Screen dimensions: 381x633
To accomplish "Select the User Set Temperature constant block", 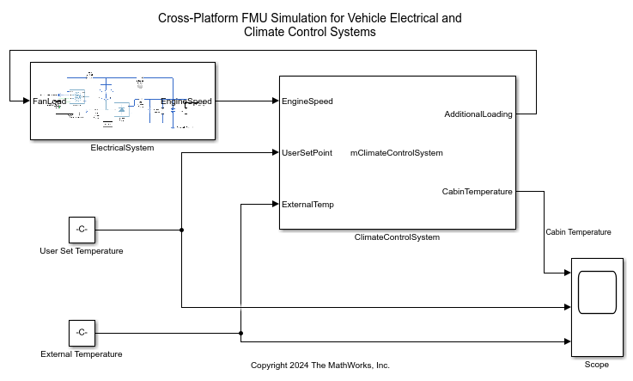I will click(x=82, y=230).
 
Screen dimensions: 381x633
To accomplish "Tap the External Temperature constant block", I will click(x=82, y=332).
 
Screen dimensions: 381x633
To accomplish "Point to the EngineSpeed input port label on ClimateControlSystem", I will click(x=307, y=101).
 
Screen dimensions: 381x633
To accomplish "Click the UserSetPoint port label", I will click(x=307, y=153).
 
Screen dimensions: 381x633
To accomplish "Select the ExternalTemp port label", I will click(x=307, y=205).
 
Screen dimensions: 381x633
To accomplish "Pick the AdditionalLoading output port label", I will click(x=478, y=114).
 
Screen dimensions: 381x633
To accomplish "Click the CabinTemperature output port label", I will click(x=477, y=192).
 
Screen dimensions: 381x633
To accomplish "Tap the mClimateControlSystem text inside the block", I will click(x=396, y=153).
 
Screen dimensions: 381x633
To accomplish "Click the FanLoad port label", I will click(x=50, y=101).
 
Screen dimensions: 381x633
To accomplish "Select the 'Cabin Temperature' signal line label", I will click(x=578, y=232).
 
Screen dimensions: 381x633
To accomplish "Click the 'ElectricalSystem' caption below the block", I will click(x=122, y=148).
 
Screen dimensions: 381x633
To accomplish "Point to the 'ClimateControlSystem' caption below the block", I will click(x=397, y=237).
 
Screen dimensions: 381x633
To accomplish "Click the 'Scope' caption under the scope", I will click(x=596, y=365).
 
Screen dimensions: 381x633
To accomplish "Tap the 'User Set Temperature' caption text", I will click(x=82, y=251).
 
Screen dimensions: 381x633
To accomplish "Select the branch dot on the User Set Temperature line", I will click(x=181, y=230).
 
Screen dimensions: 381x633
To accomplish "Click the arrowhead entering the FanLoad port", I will click(x=26, y=101).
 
